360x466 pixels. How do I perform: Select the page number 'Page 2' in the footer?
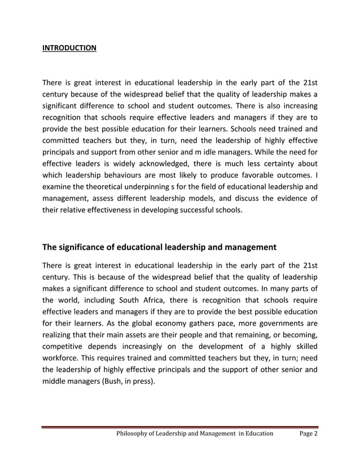tap(308, 433)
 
